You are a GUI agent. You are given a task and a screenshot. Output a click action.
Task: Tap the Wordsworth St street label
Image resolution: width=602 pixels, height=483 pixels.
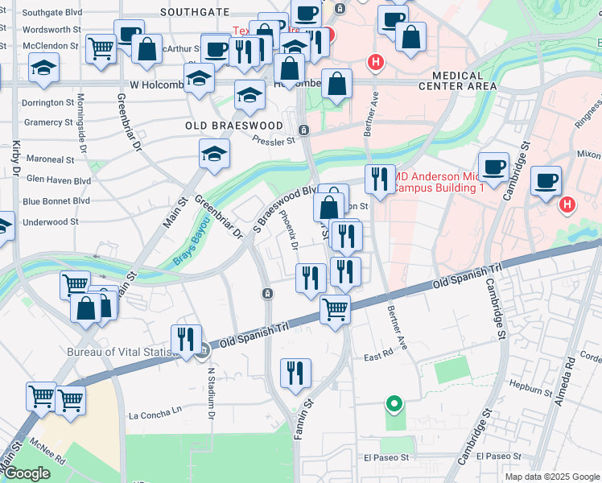pos(52,29)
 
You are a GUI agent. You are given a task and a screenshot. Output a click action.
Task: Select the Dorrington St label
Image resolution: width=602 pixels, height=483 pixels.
pos(47,103)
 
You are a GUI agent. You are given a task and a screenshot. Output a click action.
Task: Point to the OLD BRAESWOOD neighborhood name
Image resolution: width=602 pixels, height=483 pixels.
pos(234,126)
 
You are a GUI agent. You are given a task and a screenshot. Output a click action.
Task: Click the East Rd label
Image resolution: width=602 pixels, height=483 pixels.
pos(377,355)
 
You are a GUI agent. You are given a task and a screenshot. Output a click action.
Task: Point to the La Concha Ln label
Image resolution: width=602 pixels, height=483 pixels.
pos(155,416)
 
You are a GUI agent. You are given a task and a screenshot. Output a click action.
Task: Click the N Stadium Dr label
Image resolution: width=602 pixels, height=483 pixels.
pos(211,393)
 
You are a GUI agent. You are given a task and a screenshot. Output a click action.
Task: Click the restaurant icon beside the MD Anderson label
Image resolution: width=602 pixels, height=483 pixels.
pos(380,179)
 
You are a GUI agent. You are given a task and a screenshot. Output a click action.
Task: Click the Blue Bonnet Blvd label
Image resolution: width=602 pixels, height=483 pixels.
pos(56,200)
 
